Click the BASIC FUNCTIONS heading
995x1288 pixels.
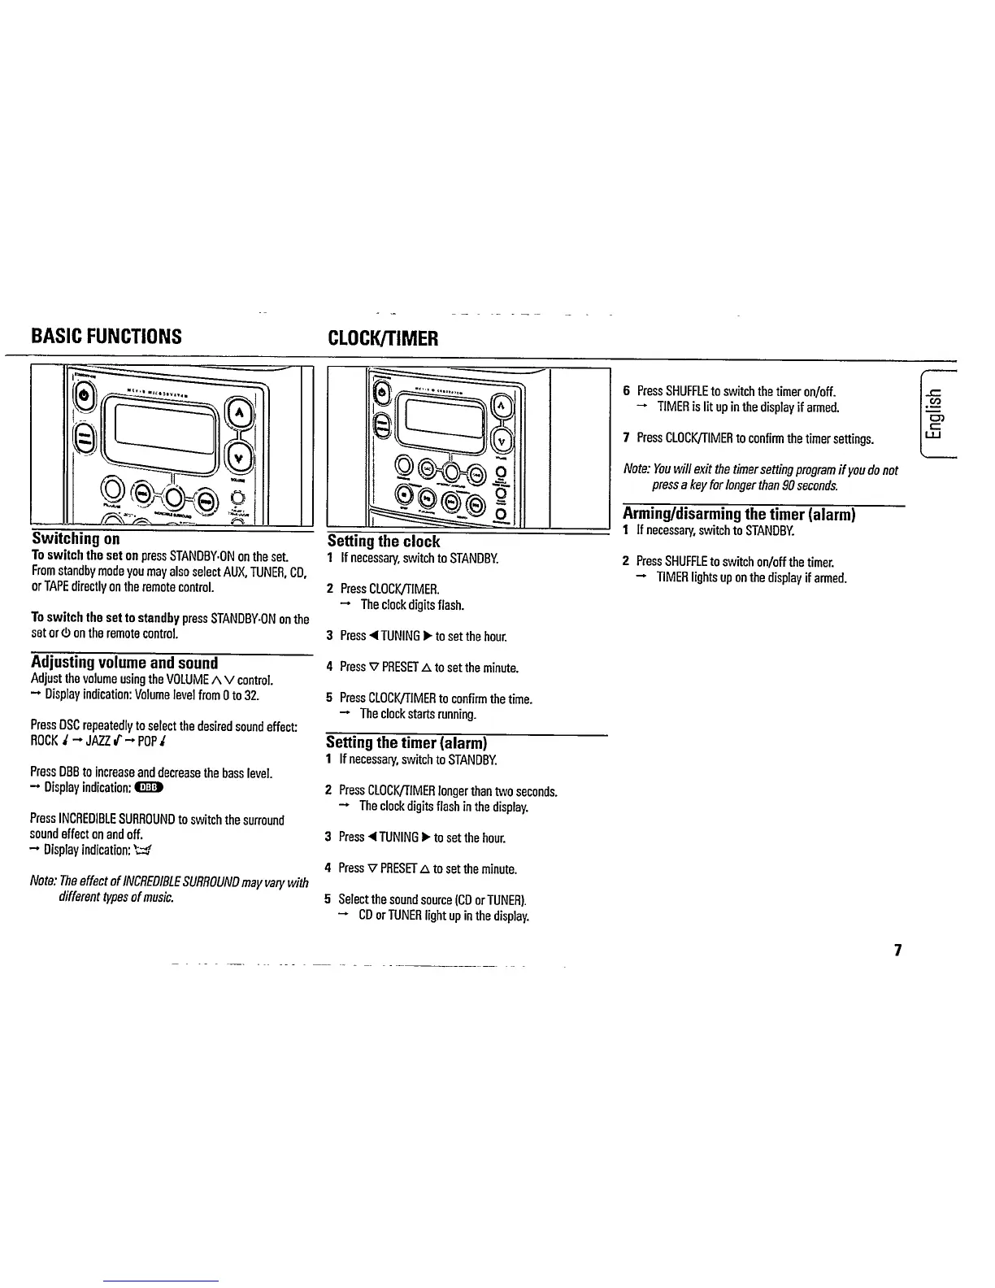point(106,337)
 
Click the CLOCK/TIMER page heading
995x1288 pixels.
point(382,338)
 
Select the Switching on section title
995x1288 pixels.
point(76,539)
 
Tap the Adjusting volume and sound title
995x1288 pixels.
point(124,663)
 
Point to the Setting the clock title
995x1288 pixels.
point(383,542)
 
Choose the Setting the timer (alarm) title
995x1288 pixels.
point(406,742)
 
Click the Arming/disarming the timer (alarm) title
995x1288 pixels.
point(738,514)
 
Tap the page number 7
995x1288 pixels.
point(897,951)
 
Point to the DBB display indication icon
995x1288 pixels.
point(150,787)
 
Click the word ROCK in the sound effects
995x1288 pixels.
point(44,741)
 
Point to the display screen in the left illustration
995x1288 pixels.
point(163,431)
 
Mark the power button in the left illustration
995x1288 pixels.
point(88,398)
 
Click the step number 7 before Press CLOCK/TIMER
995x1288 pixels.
point(626,438)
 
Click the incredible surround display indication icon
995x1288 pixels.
point(143,851)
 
